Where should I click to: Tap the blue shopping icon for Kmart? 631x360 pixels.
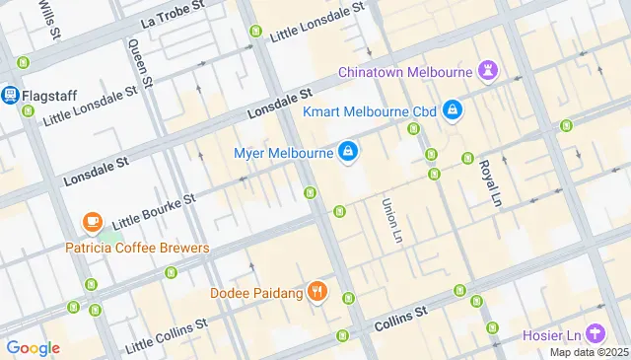(x=452, y=109)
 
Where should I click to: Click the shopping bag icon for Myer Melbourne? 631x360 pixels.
(x=347, y=152)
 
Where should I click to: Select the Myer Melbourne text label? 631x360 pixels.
(x=282, y=153)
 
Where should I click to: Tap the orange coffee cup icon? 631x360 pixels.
(x=93, y=223)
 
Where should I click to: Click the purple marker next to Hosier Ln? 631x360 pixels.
(x=595, y=333)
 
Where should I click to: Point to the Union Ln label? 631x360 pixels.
(x=392, y=221)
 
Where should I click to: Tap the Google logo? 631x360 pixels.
(x=33, y=347)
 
